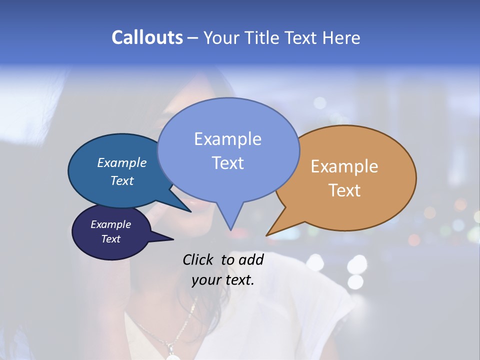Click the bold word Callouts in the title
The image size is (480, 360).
(147, 37)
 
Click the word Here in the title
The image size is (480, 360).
(341, 37)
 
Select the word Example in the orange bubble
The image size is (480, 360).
(344, 166)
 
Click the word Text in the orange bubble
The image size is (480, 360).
(344, 190)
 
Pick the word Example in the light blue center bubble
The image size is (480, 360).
(227, 139)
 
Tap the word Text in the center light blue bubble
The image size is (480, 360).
(227, 163)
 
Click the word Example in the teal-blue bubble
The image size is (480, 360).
(122, 162)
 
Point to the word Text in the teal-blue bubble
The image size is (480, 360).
(122, 180)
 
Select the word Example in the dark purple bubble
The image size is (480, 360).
(111, 224)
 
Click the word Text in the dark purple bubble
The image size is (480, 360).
(111, 239)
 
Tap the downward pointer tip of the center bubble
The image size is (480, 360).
(230, 229)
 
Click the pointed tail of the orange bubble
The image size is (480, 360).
(267, 234)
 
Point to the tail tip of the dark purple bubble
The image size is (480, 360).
(172, 239)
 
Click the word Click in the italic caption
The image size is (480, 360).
(199, 259)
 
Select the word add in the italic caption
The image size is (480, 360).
(251, 259)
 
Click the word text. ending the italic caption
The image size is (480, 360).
(238, 280)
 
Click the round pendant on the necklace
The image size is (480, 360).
(172, 356)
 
